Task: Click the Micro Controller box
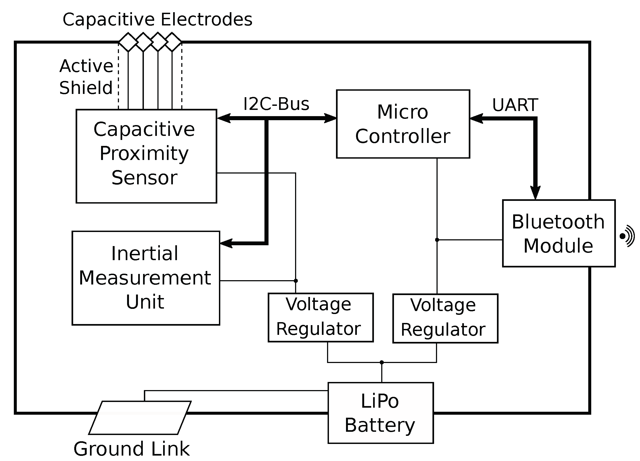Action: coord(403,124)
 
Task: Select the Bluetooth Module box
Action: coord(558,233)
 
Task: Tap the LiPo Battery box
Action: coord(380,413)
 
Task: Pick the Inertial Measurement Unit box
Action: coord(146,278)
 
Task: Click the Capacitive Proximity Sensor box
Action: coord(146,156)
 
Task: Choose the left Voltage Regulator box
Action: coord(321,318)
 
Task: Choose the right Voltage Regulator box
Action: coord(445,318)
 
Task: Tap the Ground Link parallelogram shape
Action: coord(140,418)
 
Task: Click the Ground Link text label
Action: coord(131,449)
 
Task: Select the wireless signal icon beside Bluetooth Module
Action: coord(627,236)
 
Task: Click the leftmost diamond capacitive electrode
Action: coord(128,42)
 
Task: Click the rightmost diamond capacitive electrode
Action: coord(172,42)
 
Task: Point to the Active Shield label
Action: coord(86,77)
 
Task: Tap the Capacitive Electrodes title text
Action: coord(157,19)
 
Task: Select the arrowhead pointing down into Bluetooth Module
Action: coord(535,193)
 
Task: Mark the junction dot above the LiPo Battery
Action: coord(382,362)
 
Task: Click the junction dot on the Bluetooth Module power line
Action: coord(437,240)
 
